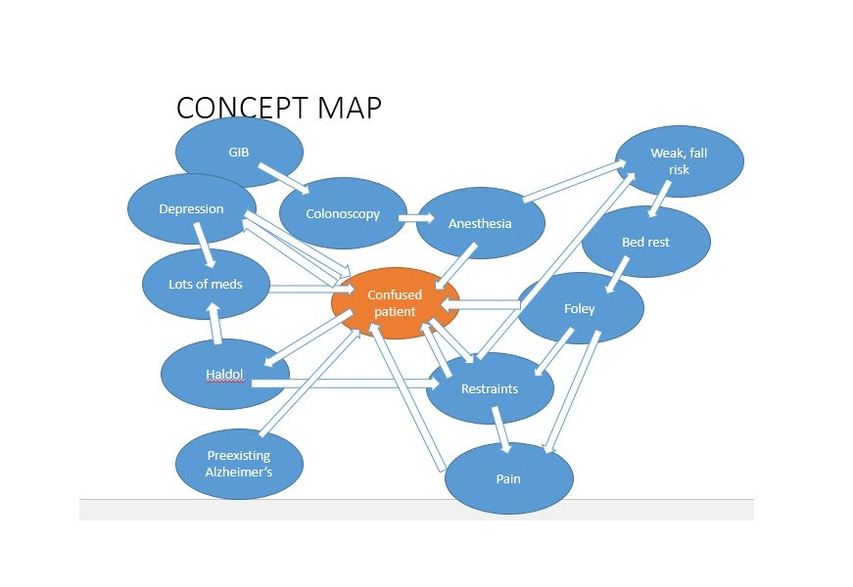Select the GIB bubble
(239, 153)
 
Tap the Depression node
(191, 209)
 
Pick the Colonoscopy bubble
(342, 214)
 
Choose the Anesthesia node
(480, 223)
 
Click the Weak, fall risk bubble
(679, 161)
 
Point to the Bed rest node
(645, 242)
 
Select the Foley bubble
(580, 309)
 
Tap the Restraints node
(490, 388)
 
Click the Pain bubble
(508, 479)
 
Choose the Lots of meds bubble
(206, 285)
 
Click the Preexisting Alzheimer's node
(239, 463)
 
